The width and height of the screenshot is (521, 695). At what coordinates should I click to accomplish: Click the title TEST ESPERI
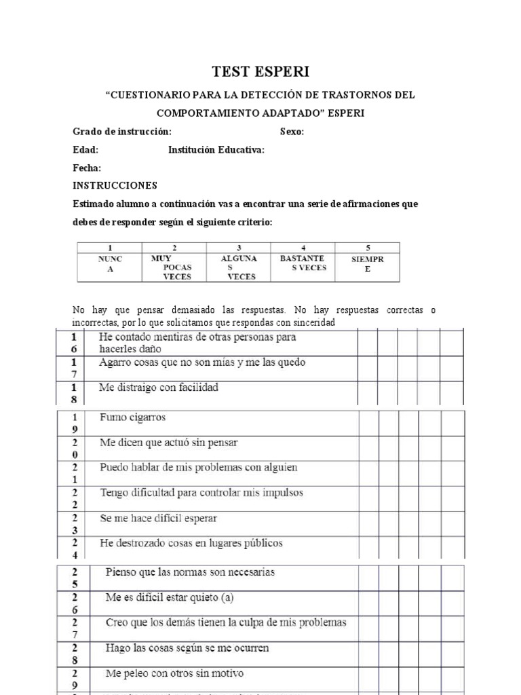(x=260, y=72)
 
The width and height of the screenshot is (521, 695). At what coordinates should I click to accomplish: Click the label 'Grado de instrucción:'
(x=122, y=132)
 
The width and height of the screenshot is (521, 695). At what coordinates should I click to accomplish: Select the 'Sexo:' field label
(x=292, y=132)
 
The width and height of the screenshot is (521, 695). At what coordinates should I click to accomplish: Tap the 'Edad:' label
(x=85, y=150)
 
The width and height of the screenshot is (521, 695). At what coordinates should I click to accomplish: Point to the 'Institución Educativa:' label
(x=216, y=150)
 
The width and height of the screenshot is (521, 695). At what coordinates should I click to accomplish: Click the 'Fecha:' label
(x=87, y=168)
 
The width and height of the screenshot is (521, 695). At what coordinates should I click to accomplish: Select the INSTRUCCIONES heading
(x=115, y=185)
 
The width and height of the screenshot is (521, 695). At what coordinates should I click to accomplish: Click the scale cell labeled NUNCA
(x=110, y=265)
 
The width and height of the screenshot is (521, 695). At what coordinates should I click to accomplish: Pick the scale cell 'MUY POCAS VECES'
(x=174, y=267)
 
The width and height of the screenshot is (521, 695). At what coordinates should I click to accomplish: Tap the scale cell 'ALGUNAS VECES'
(x=239, y=267)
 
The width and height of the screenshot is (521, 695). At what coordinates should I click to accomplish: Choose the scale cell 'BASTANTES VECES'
(x=303, y=263)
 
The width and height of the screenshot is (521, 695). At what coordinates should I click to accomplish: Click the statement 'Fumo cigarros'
(x=132, y=417)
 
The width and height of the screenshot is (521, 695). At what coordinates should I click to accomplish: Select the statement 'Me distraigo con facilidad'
(x=159, y=388)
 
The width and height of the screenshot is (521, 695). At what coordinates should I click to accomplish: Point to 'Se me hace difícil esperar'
(x=158, y=519)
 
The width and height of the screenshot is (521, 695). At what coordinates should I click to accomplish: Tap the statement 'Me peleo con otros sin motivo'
(x=174, y=674)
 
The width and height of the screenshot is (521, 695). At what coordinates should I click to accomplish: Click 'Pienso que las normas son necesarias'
(x=190, y=572)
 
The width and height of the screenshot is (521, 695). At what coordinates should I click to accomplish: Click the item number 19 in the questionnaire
(x=75, y=423)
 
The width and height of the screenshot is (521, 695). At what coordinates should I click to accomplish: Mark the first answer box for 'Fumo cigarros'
(x=368, y=423)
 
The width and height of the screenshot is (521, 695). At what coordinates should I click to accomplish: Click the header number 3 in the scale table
(x=239, y=248)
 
